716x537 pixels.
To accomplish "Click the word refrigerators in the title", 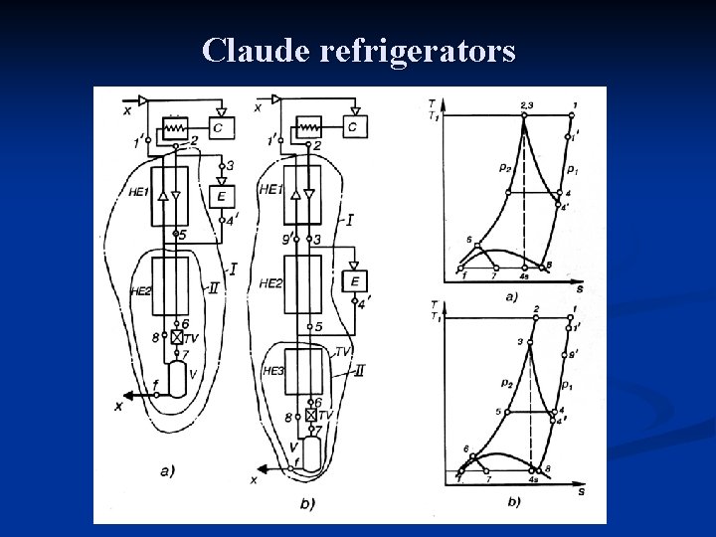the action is (x=419, y=50).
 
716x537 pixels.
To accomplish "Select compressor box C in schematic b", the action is (x=352, y=127).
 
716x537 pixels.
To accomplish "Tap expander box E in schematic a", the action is (x=221, y=196).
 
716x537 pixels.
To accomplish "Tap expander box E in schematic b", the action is (x=356, y=281).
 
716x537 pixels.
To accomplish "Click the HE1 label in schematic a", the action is (x=138, y=192).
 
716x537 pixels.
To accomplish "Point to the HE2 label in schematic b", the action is (x=269, y=283).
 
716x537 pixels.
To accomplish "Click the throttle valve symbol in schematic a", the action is (x=177, y=338).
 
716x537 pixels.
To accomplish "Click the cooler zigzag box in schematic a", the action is (x=176, y=127).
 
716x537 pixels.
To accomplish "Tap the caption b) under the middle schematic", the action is (x=306, y=504).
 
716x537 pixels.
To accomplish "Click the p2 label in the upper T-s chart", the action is (x=506, y=167).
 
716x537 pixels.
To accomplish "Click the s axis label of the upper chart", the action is (x=580, y=287).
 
